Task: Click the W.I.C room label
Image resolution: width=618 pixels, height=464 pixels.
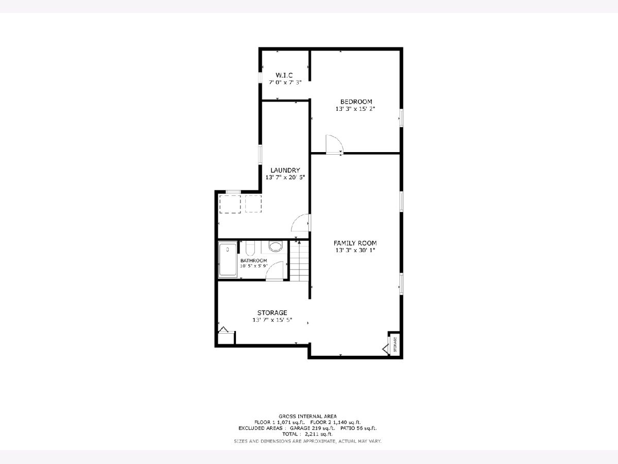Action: pyautogui.click(x=284, y=75)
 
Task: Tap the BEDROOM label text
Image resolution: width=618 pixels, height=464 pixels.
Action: pyautogui.click(x=356, y=102)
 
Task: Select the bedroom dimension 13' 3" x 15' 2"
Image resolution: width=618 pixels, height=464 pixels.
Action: pyautogui.click(x=355, y=109)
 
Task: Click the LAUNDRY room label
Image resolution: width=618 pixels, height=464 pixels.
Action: pyautogui.click(x=285, y=170)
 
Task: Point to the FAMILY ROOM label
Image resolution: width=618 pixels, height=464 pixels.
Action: pyautogui.click(x=355, y=243)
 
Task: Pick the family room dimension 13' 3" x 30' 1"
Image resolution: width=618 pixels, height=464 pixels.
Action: pyautogui.click(x=355, y=250)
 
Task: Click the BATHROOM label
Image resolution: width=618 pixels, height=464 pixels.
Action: pyautogui.click(x=254, y=260)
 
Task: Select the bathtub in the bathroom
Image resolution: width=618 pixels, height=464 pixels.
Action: pyautogui.click(x=228, y=259)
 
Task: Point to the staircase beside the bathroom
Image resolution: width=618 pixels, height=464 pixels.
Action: pyautogui.click(x=299, y=260)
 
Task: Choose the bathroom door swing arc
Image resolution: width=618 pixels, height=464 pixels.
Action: pyautogui.click(x=270, y=267)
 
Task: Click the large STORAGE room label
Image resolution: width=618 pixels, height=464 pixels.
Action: pyautogui.click(x=272, y=313)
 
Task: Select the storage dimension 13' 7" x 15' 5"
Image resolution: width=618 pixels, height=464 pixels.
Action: pyautogui.click(x=272, y=320)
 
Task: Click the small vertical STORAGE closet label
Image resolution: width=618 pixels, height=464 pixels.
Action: pyautogui.click(x=395, y=344)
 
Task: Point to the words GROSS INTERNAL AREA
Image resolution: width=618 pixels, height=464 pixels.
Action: pyautogui.click(x=308, y=417)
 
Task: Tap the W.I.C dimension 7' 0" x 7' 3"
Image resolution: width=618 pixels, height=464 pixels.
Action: pyautogui.click(x=285, y=82)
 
